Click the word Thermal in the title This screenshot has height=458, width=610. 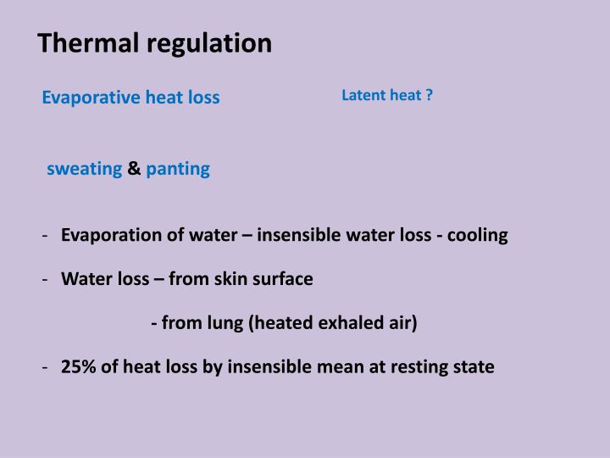point(78,43)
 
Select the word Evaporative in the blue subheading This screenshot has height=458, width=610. point(91,98)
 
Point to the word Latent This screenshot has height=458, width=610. point(363,95)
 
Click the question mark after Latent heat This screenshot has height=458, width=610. point(430,95)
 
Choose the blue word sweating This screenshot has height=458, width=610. point(85,169)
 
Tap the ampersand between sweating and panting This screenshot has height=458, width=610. point(134,169)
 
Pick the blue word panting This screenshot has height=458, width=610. point(178,169)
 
